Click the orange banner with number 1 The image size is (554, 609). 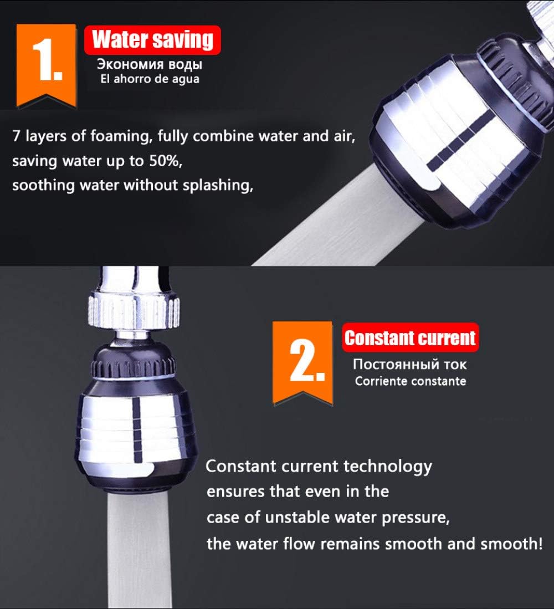pyautogui.click(x=46, y=64)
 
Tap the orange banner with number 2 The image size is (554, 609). pyautogui.click(x=303, y=362)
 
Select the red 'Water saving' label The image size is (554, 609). pyautogui.click(x=152, y=40)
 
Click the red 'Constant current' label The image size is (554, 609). pyautogui.click(x=410, y=337)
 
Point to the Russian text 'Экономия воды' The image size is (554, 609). pyautogui.click(x=150, y=64)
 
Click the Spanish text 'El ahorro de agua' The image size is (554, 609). pyautogui.click(x=150, y=79)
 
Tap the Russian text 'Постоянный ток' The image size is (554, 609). pyautogui.click(x=409, y=364)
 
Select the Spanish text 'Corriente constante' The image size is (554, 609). pyautogui.click(x=411, y=381)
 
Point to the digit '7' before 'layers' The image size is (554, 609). pyautogui.click(x=16, y=136)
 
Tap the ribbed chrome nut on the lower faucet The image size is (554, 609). pyautogui.click(x=134, y=311)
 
